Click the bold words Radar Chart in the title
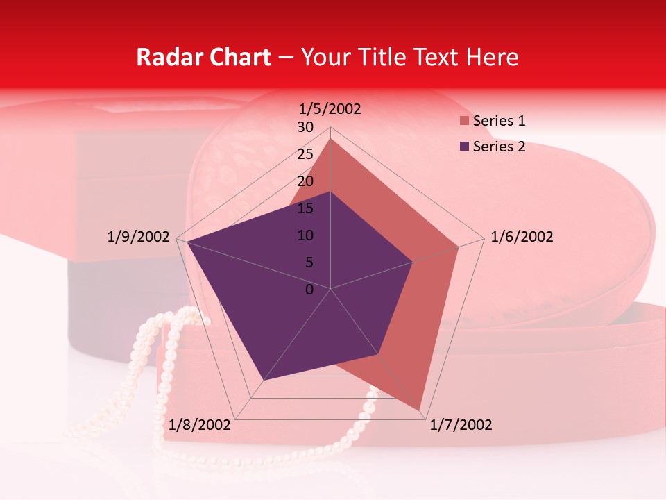[x=203, y=57]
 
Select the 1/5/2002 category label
[x=330, y=109]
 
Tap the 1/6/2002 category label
[x=522, y=237]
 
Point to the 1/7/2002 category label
[x=461, y=425]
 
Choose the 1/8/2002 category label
[x=200, y=425]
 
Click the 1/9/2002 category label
[x=139, y=237]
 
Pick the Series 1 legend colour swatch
[x=464, y=122]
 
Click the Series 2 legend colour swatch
[x=464, y=147]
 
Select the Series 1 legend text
[x=499, y=122]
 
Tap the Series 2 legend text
[x=499, y=147]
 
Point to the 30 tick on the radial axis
[x=305, y=127]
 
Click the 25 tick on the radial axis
[x=305, y=154]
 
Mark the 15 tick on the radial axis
[x=305, y=208]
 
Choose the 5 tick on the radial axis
[x=309, y=262]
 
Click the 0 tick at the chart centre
[x=309, y=290]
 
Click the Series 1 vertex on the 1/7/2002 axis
[x=419, y=410]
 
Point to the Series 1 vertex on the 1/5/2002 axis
[x=331, y=138]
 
